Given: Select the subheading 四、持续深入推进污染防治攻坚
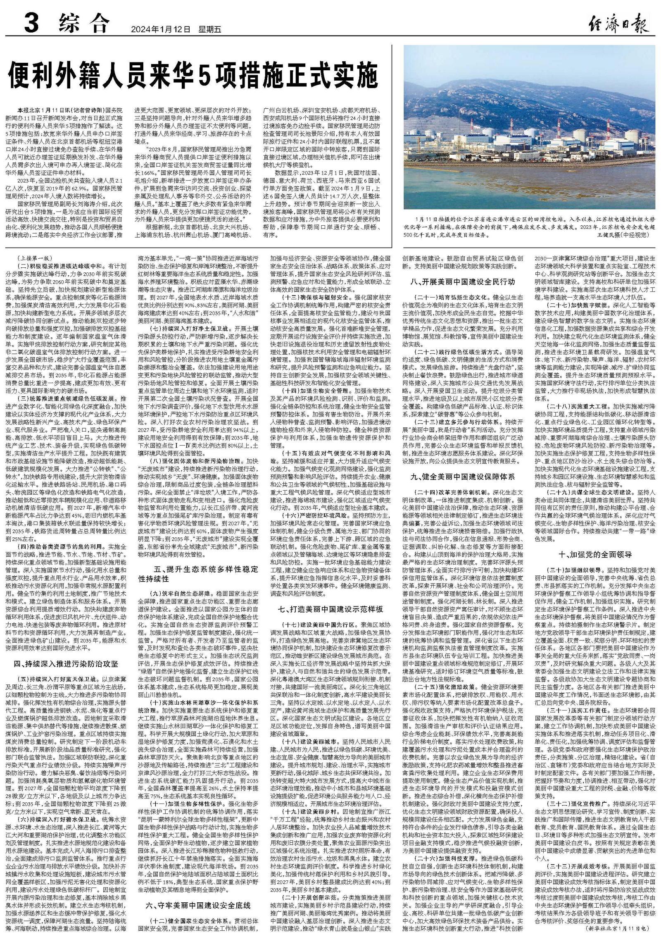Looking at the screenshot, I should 66,663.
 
